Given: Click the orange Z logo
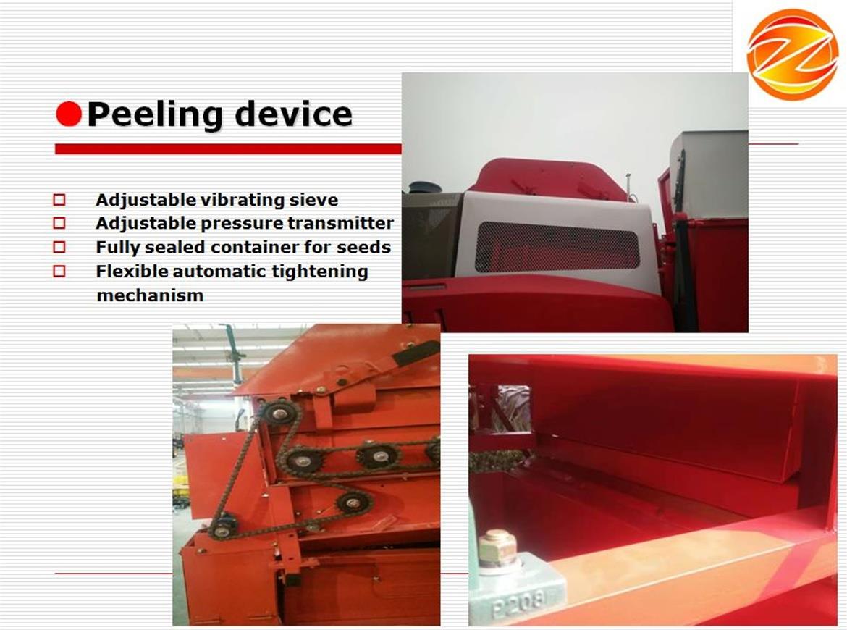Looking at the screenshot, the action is coord(792,54).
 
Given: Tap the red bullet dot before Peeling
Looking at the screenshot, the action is coord(69,114).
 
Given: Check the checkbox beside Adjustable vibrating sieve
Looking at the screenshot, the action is coord(59,200).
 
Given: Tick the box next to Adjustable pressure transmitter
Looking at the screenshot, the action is coord(59,223).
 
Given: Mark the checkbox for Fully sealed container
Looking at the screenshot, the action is coord(59,247).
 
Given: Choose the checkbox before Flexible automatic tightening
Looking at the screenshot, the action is coord(59,271).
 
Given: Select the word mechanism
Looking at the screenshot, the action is coord(150,295).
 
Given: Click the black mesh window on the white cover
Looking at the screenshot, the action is coord(557,248).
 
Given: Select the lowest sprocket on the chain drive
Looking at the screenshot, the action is coord(223,526).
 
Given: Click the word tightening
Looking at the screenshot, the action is coord(320,272).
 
